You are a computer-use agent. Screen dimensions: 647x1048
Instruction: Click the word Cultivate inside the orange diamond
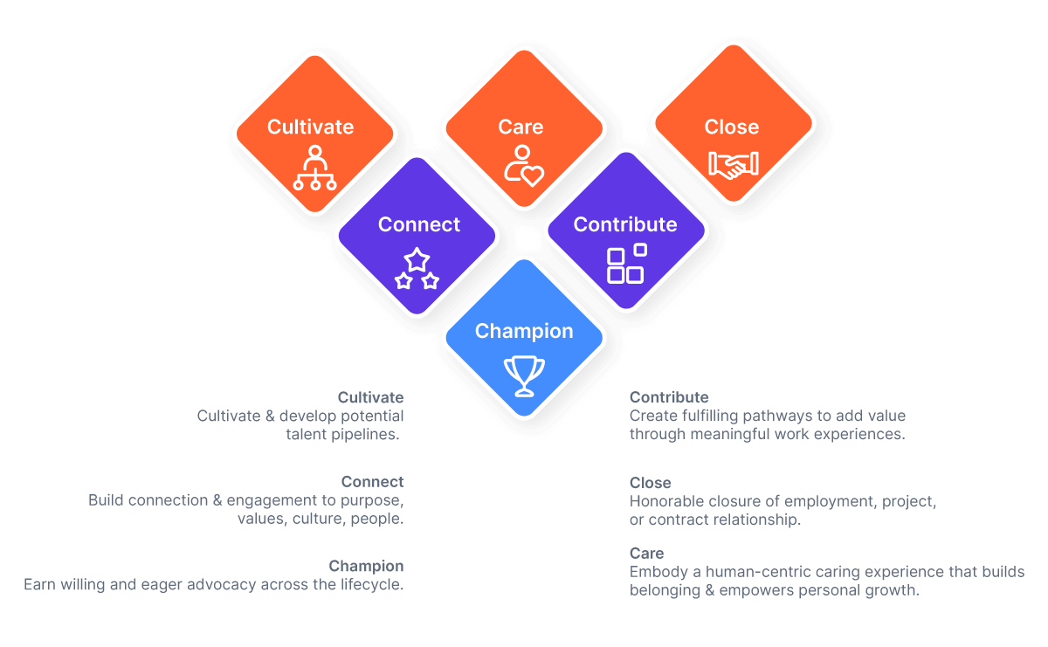point(310,127)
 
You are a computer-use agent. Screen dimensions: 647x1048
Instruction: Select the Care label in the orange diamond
point(521,127)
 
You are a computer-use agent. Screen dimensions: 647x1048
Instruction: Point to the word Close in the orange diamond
point(731,127)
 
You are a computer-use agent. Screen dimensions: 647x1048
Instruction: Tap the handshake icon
point(734,164)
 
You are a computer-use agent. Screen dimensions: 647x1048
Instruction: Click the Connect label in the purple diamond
point(418,224)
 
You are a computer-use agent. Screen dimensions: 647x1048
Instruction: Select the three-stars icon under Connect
point(417,269)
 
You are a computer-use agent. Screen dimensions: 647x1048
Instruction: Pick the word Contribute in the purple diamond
point(624,224)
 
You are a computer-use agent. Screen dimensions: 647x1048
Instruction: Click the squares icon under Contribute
point(626,264)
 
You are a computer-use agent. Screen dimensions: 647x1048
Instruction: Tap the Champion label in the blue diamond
point(524,331)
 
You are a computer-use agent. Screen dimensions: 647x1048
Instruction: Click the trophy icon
point(524,375)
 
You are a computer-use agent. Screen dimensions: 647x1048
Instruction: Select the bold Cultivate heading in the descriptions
point(370,398)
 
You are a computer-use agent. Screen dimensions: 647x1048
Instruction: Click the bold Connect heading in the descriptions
point(372,482)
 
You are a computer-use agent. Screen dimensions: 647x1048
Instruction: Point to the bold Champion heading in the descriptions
point(366,566)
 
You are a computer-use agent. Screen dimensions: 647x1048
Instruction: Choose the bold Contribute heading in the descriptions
point(669,398)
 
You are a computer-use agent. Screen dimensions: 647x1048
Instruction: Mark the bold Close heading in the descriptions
point(650,483)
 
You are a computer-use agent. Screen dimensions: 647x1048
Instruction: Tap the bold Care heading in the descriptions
point(646,554)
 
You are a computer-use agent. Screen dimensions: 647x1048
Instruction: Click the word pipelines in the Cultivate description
point(366,434)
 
